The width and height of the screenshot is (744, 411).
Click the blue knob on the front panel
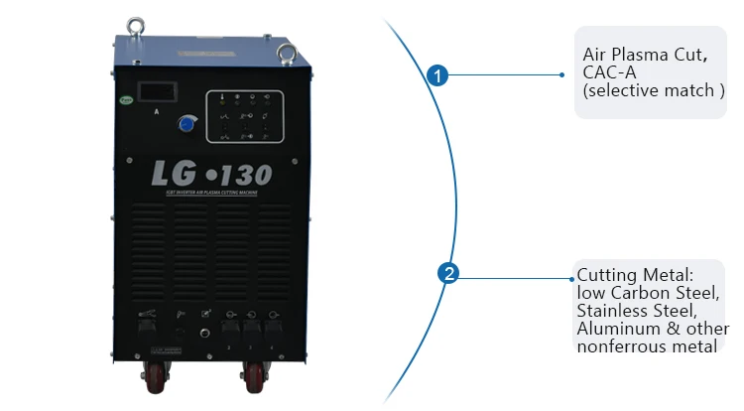(x=185, y=123)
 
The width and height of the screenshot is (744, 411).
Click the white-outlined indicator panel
(x=244, y=116)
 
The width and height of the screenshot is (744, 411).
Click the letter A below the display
(x=157, y=112)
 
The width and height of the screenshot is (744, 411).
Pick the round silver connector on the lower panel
(x=204, y=334)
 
